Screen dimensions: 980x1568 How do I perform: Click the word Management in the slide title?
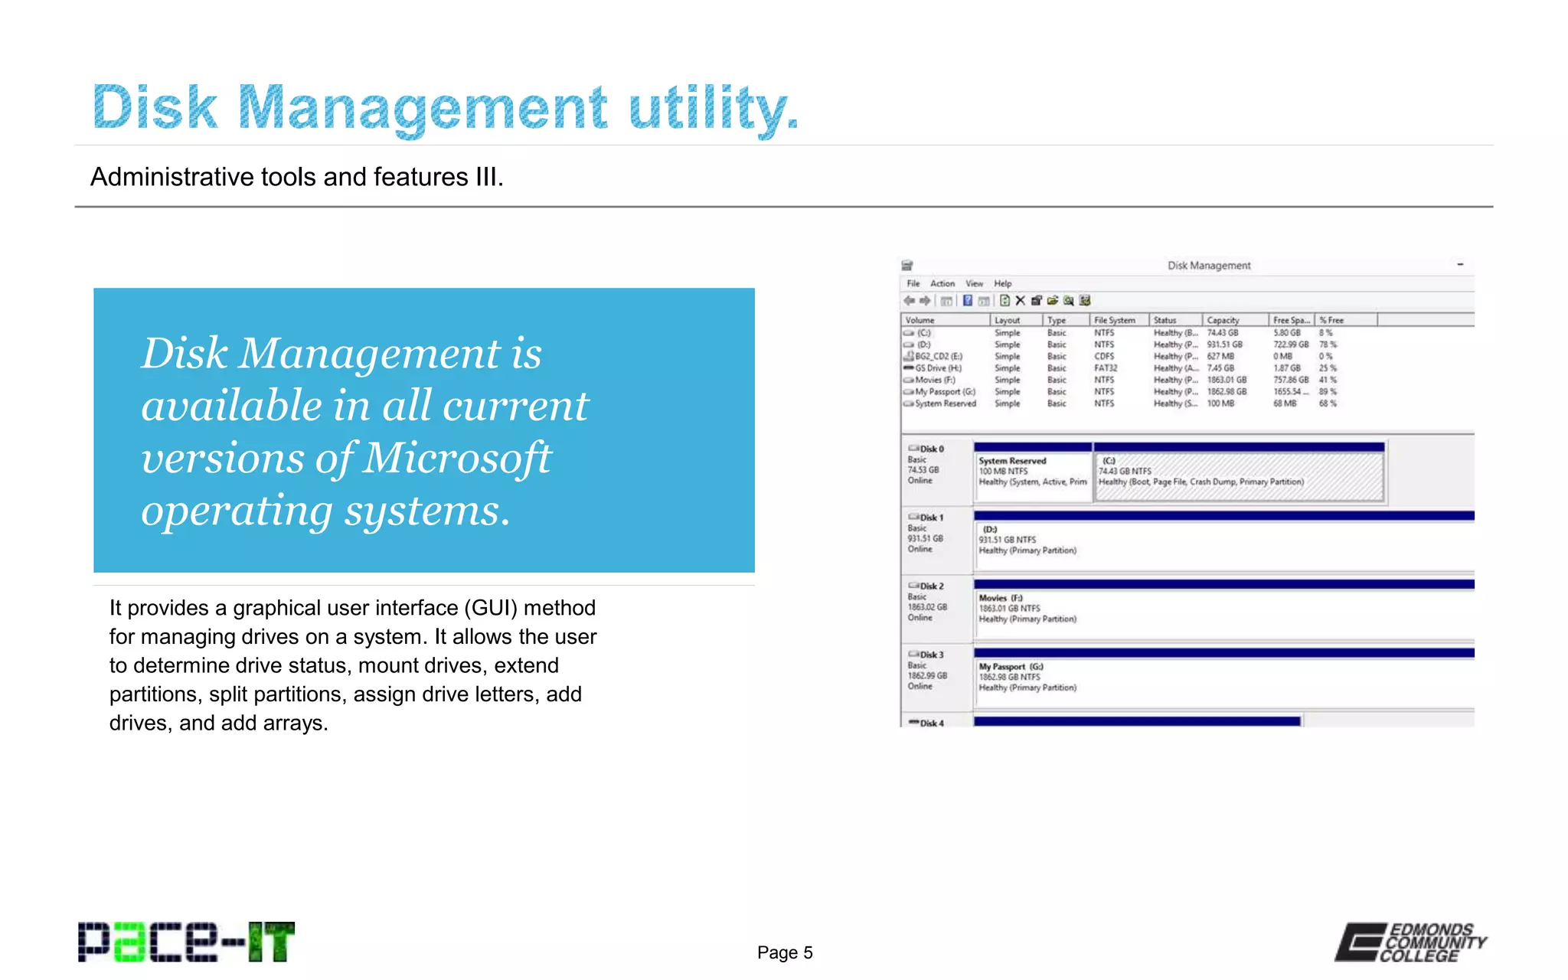(423, 107)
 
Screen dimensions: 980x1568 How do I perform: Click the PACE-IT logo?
(186, 942)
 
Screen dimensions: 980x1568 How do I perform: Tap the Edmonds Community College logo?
(1411, 942)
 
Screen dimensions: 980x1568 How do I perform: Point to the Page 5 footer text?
(785, 952)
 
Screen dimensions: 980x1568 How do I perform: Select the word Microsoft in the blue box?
(457, 458)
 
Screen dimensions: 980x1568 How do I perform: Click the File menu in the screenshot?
(913, 283)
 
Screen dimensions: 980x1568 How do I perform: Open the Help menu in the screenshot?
(1003, 283)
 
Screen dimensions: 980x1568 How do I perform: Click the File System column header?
(1114, 320)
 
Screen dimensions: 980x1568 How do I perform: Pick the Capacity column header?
(1223, 320)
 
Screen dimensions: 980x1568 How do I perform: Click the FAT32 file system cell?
(1106, 368)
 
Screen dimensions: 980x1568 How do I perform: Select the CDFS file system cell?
(1104, 356)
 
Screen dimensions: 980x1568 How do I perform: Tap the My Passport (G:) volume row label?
(945, 391)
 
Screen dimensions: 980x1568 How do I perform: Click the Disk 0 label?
(931, 449)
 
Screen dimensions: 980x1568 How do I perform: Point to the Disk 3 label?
(931, 655)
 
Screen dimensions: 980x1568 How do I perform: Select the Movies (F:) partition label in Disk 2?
(1000, 598)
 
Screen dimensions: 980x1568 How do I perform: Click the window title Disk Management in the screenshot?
(1209, 266)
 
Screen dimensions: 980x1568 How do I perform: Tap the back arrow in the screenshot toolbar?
(909, 301)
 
